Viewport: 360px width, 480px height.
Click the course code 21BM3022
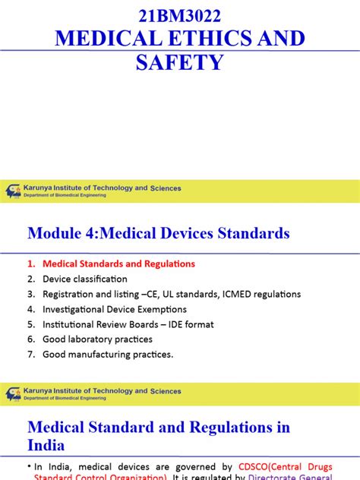[x=179, y=14]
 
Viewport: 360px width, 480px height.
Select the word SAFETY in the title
[x=179, y=62]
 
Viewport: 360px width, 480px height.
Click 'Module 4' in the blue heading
[x=62, y=233]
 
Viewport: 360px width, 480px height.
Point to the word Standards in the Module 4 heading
[x=250, y=233]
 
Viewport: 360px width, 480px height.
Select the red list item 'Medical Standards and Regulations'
[x=119, y=264]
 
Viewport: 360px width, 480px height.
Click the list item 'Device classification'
[x=85, y=279]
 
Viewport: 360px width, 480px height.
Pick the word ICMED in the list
[x=233, y=294]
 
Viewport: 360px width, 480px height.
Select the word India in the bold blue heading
[x=46, y=445]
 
